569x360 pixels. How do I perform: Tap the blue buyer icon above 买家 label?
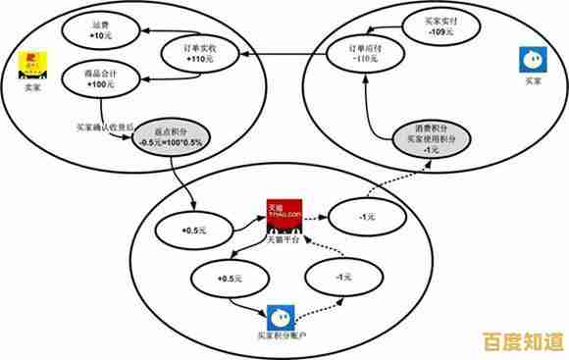click(x=531, y=61)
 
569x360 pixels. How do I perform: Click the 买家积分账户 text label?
click(x=282, y=337)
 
